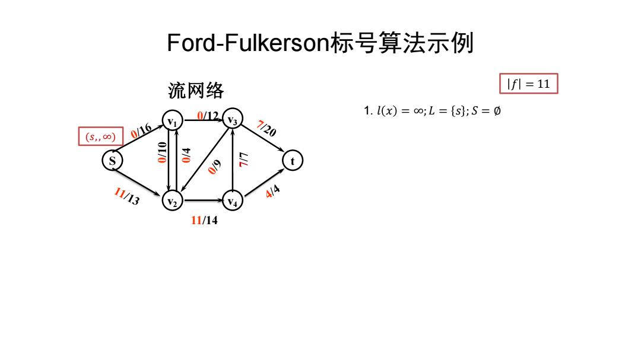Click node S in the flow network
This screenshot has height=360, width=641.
coord(112,160)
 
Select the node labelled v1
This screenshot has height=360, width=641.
coord(172,120)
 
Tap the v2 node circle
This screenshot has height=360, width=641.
coord(172,200)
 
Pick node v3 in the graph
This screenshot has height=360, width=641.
coord(232,119)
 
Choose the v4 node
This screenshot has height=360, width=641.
coord(232,200)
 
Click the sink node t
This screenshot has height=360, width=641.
coord(292,161)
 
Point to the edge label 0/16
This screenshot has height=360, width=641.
coord(141,130)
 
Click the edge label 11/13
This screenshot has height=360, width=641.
coord(127,196)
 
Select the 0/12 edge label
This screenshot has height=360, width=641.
coord(208,116)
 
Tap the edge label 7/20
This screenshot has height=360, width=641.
coord(266,128)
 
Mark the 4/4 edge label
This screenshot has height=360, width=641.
coord(272,191)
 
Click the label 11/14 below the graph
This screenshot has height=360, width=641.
coord(204,220)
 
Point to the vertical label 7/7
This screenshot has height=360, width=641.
coord(244,160)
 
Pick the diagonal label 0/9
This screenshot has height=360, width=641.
coord(214,167)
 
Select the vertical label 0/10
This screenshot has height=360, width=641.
coord(162,152)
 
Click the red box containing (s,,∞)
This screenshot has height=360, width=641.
coord(100,136)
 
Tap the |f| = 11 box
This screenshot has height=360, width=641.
coord(529,84)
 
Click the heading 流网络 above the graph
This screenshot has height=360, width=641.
coord(196,90)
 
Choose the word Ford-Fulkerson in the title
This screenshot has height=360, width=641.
coord(248,43)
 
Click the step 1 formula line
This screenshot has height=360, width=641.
coord(432,111)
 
